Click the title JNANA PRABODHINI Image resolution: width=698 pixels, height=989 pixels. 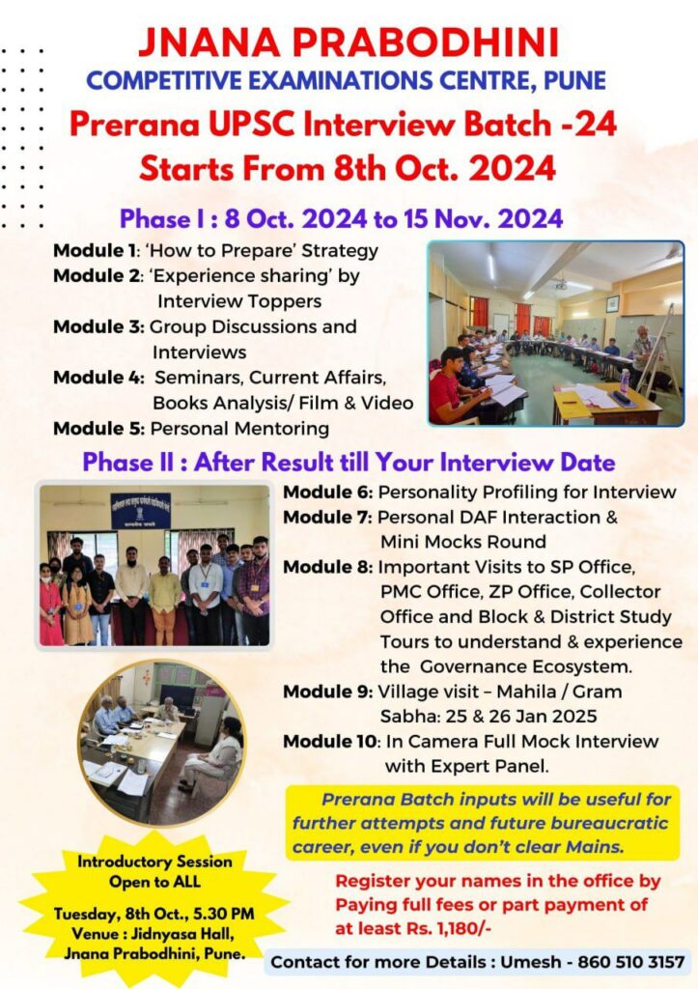coord(349,42)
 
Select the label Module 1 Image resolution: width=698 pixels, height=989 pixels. coord(95,250)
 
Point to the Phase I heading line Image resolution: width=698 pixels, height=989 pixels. coord(341,219)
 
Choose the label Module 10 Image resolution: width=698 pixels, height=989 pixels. coord(330,741)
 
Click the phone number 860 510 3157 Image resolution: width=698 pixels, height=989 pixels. coord(631,962)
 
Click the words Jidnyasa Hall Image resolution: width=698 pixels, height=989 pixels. coord(188,934)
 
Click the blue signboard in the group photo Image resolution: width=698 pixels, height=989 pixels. coord(141,510)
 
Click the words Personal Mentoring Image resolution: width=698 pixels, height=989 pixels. coord(239,428)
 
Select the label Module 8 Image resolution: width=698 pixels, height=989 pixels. coord(328,567)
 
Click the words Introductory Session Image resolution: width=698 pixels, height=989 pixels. coord(154,862)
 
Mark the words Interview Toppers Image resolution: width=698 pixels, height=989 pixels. coord(239,301)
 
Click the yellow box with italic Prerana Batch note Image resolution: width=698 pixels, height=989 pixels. coord(483,823)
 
